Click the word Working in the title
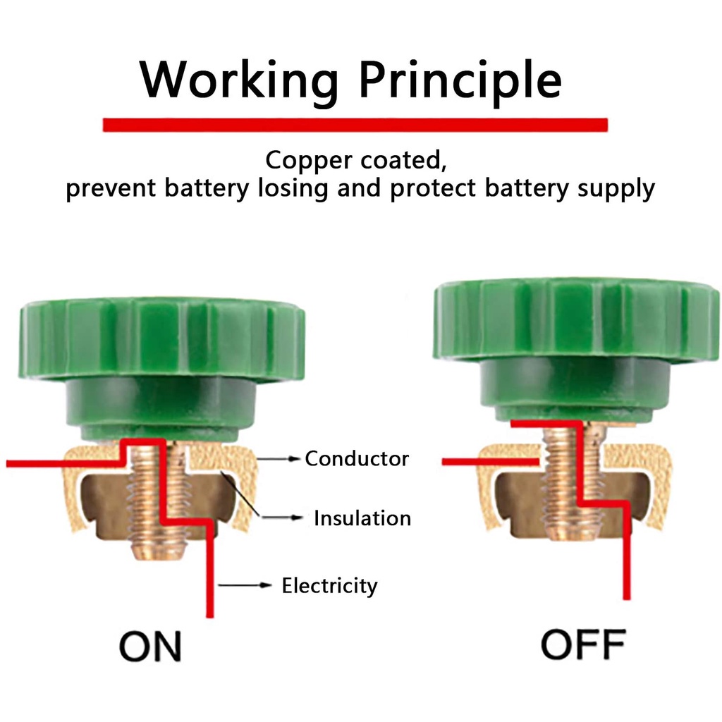coord(238,79)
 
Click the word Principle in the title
coord(460,79)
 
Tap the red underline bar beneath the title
coord(355,125)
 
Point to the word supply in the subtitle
coord(616,189)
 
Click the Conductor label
coord(356,459)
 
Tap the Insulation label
coord(362,518)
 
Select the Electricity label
coord(329,585)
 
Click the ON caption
coord(150,646)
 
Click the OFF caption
coord(583,643)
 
